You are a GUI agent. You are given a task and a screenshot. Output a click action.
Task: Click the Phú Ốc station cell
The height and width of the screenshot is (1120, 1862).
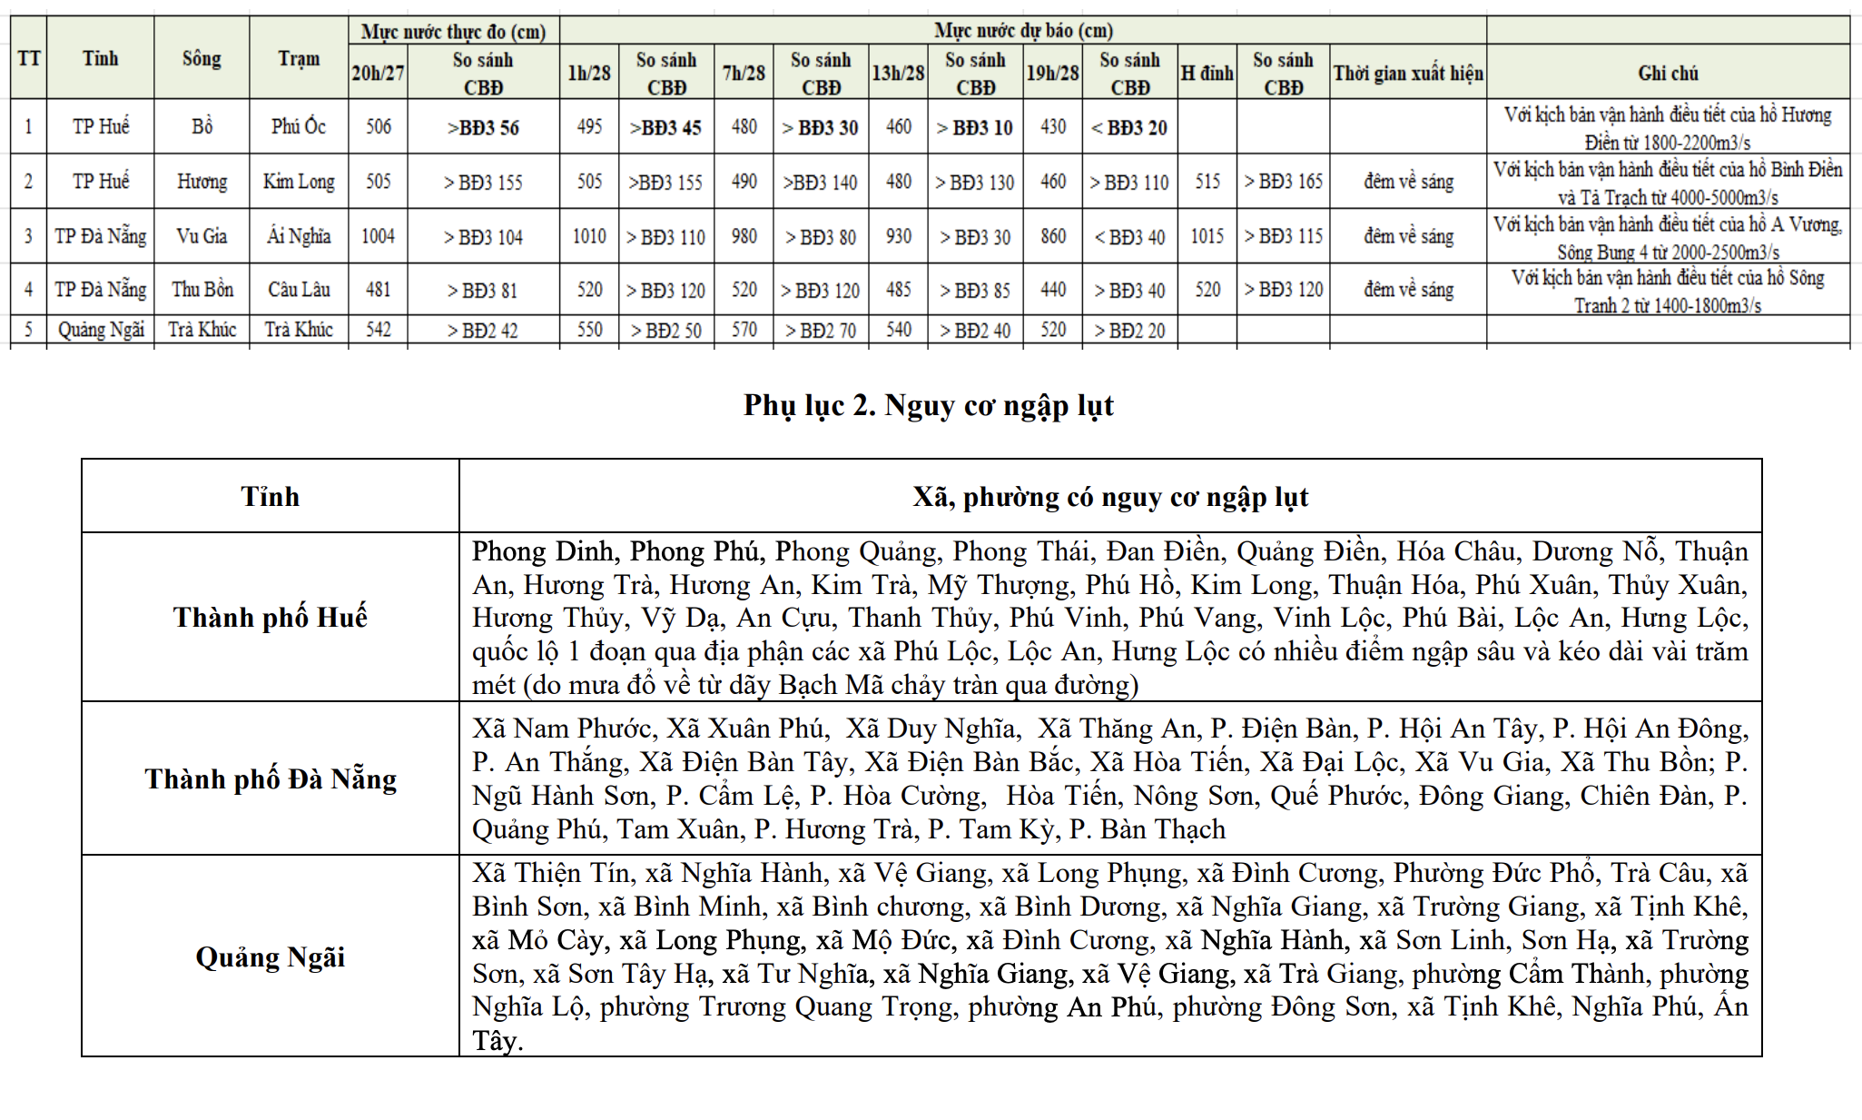(x=299, y=126)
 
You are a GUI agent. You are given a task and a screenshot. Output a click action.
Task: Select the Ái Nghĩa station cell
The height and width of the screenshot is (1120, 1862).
(x=299, y=236)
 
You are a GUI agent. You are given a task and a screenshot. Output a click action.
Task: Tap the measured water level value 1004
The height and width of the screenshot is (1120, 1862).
(x=378, y=236)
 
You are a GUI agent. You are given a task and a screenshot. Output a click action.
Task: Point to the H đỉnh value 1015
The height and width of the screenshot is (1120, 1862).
(x=1207, y=236)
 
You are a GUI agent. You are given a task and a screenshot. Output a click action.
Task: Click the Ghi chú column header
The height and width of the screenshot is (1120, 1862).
(x=1668, y=73)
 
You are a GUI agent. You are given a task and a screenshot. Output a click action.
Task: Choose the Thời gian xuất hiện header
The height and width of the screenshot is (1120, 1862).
(x=1407, y=73)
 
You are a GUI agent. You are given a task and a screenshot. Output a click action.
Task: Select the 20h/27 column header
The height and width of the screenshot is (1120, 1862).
(x=378, y=73)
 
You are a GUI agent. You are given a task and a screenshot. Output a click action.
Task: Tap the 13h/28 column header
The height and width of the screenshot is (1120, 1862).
(x=898, y=73)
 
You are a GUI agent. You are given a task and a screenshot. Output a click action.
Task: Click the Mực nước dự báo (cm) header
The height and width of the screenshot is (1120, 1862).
(x=1023, y=30)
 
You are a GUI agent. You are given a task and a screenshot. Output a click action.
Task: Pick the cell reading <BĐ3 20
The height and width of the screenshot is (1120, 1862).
(x=1129, y=127)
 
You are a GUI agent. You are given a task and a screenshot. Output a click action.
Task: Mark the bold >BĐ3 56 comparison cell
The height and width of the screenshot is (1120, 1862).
(x=483, y=127)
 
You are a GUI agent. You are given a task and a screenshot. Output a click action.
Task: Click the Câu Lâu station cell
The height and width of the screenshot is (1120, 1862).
(x=299, y=290)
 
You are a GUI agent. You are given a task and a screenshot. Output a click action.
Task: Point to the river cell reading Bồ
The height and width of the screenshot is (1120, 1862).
(x=202, y=126)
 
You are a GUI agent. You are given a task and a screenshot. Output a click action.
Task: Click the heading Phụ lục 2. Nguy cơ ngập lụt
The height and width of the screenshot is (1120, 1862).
(x=928, y=405)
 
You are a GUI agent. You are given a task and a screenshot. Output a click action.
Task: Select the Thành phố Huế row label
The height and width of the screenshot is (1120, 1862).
(x=270, y=618)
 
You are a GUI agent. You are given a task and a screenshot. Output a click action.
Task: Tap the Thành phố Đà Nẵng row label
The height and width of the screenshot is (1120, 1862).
(x=270, y=779)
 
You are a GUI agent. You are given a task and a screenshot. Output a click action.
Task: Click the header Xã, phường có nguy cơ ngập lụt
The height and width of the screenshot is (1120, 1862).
(x=1109, y=497)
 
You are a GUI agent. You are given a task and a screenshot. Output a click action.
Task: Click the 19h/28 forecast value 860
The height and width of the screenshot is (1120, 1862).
(x=1052, y=236)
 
